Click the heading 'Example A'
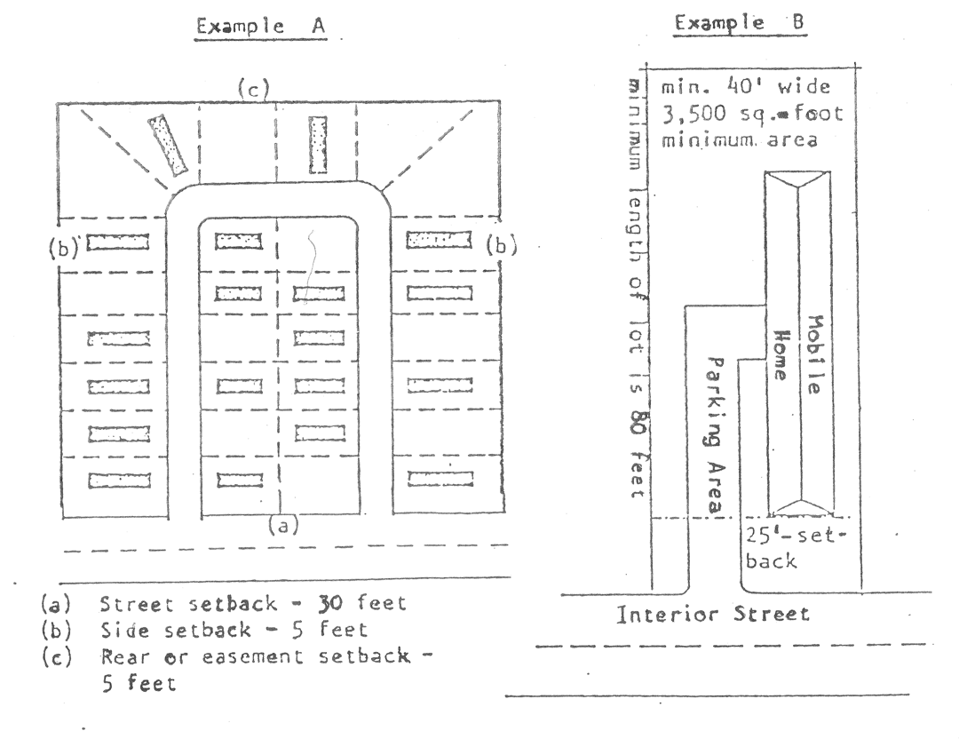click(260, 27)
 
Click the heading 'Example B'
click(740, 23)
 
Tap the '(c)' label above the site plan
click(254, 90)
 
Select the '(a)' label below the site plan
click(283, 525)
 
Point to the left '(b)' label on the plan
click(64, 247)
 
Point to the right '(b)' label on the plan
click(502, 245)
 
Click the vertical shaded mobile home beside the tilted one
click(318, 145)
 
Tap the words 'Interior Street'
click(713, 614)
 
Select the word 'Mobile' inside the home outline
click(814, 354)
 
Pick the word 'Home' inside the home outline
click(781, 355)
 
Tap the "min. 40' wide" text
click(746, 87)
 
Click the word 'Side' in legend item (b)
click(124, 630)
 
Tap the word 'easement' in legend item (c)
click(252, 657)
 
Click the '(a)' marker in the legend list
click(56, 604)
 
